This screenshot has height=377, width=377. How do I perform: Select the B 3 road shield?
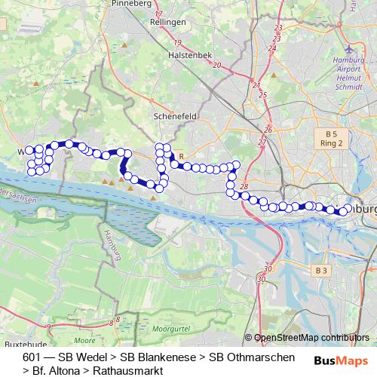click(x=322, y=270)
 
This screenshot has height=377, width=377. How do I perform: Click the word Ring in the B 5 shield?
click(x=326, y=143)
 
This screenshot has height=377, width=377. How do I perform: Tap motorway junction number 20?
click(x=217, y=65)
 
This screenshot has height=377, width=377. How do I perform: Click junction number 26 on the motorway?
click(x=267, y=130)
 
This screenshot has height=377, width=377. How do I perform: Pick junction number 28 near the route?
click(x=244, y=186)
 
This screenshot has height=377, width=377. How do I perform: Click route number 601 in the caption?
click(x=32, y=357)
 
